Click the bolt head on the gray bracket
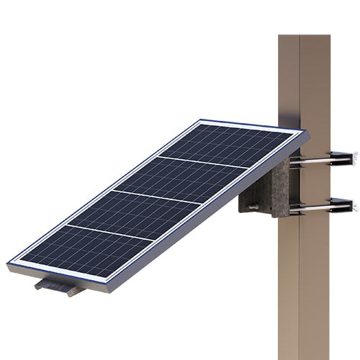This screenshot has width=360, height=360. tap(251, 208)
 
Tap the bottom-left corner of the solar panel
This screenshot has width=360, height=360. tap(10, 264)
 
